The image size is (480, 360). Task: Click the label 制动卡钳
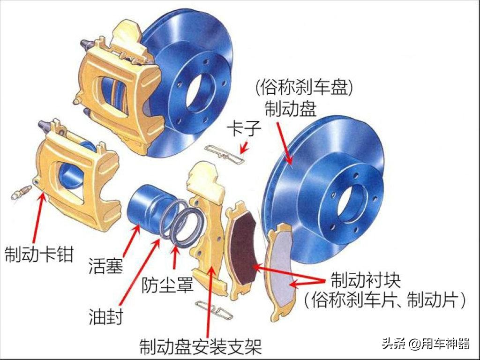point(39,254)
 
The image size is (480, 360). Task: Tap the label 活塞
point(105,265)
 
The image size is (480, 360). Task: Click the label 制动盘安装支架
point(201,346)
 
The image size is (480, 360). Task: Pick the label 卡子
point(243,128)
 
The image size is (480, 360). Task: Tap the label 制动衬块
point(366,280)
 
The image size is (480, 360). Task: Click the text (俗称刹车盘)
point(304,87)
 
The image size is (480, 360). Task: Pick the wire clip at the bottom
point(214,309)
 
